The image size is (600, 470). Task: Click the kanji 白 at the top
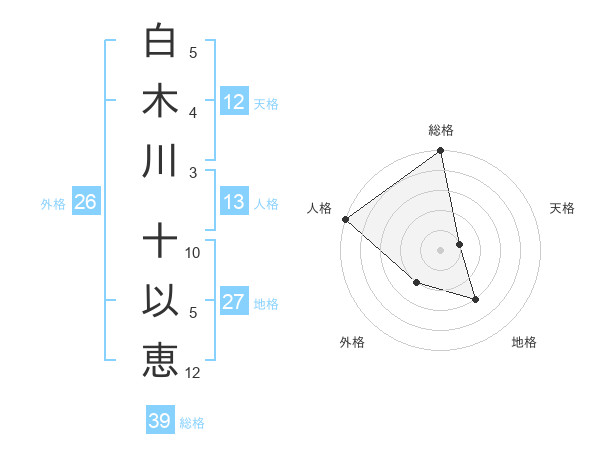(160, 42)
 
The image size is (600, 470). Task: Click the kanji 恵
(160, 359)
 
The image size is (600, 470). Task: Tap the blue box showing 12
(234, 101)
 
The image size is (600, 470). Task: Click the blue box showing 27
(234, 302)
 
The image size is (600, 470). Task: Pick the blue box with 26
(86, 203)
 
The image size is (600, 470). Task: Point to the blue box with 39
(160, 421)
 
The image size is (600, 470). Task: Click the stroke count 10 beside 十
(193, 253)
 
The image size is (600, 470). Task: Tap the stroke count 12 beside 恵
(193, 373)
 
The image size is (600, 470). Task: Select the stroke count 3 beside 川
(193, 173)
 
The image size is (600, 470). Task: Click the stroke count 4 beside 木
(193, 113)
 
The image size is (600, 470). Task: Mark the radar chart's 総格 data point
(440, 152)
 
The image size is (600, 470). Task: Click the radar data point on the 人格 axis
(345, 219)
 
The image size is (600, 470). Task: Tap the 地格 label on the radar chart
(524, 342)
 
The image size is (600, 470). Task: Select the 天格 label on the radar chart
(562, 208)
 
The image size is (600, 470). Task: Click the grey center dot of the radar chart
(440, 250)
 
